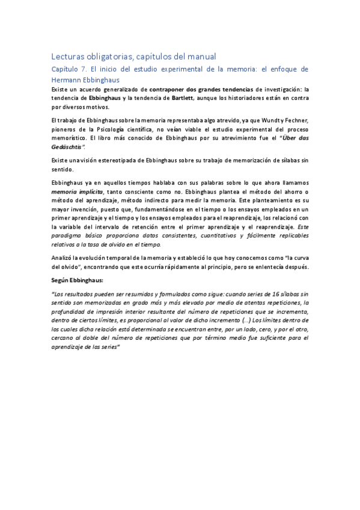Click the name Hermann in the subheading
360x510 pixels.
68,79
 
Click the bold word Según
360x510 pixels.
61,280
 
